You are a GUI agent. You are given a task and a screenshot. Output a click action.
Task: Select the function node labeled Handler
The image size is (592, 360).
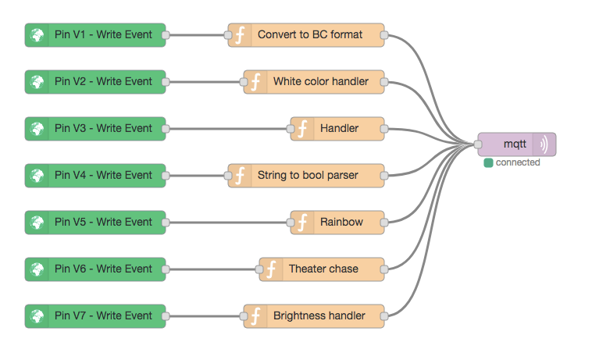337,129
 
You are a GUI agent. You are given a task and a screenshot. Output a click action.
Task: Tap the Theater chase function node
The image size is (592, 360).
322,269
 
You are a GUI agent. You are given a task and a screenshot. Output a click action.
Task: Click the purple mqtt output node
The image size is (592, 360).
515,144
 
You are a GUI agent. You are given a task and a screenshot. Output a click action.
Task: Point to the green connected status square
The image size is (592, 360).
488,162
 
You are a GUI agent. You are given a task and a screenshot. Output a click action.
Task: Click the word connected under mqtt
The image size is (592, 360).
518,162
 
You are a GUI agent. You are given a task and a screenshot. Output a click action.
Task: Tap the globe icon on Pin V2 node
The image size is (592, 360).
37,82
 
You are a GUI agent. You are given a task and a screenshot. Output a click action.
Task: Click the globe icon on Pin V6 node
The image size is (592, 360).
37,269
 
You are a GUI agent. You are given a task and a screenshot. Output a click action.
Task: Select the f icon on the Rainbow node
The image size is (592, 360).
303,223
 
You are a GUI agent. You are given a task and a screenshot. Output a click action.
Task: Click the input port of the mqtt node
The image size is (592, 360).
478,144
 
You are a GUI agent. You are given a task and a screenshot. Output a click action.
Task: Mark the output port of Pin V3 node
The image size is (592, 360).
166,129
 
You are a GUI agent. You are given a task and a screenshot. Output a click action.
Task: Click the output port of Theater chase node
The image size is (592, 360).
384,269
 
